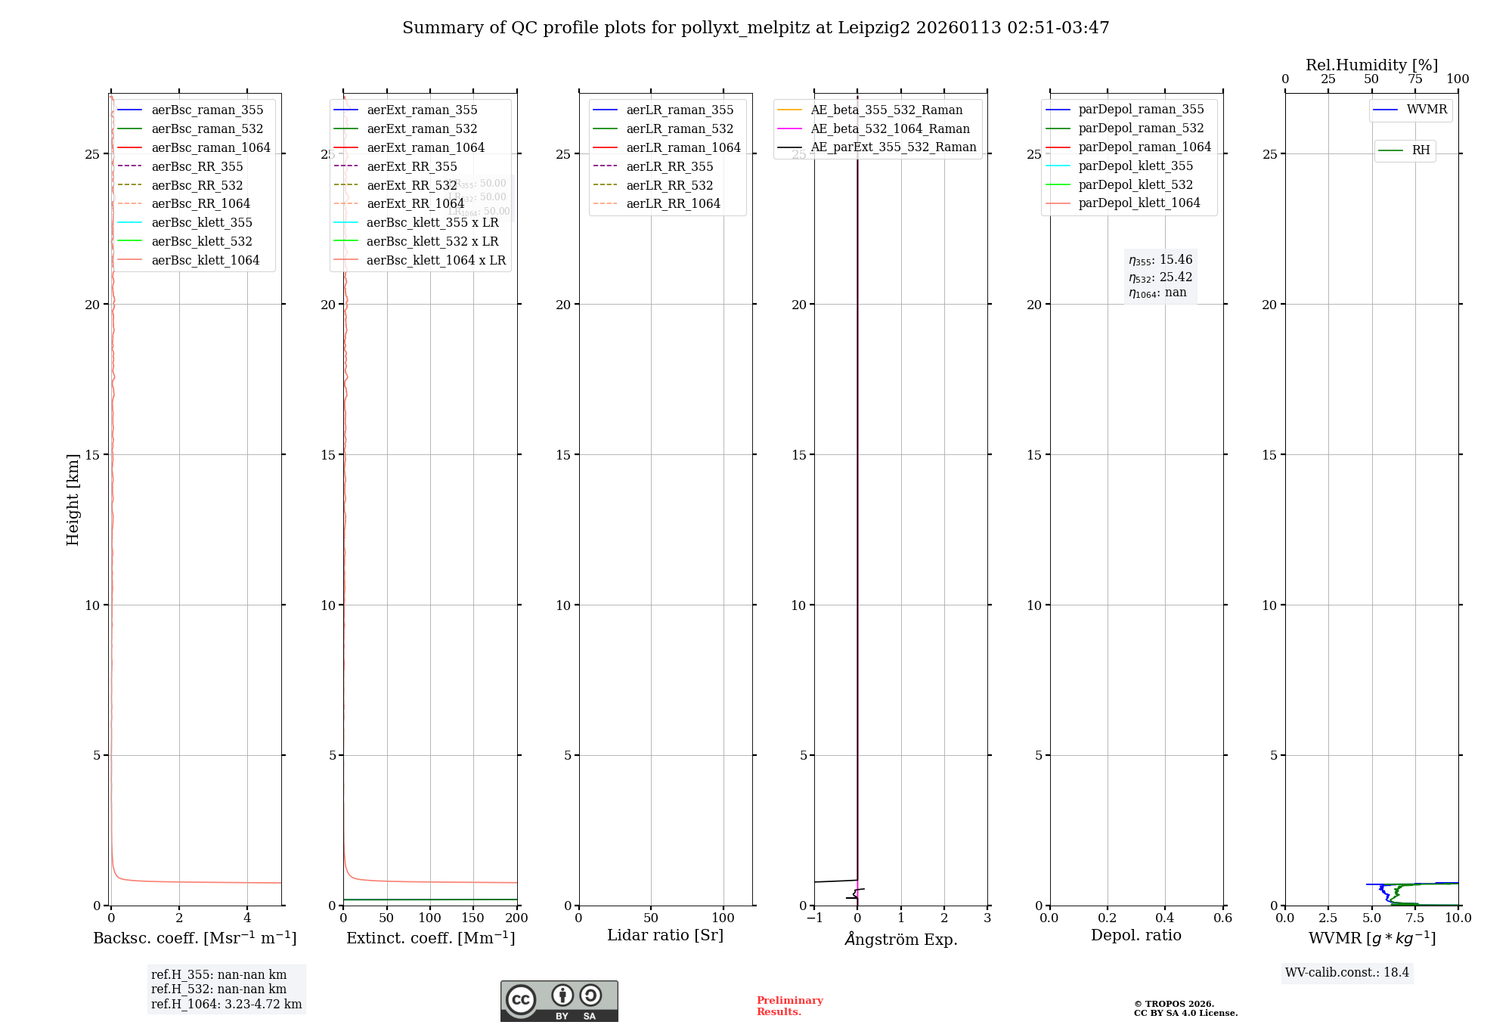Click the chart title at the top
click(x=755, y=28)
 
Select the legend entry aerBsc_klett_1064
click(x=205, y=260)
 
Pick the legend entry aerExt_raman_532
click(x=422, y=128)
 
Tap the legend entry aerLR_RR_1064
click(x=673, y=203)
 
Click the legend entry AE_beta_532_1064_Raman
click(x=890, y=128)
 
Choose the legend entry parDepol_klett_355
click(x=1136, y=166)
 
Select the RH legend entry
click(x=1421, y=150)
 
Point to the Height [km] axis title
click(x=73, y=499)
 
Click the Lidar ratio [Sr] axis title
click(x=665, y=935)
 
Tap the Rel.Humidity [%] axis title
click(x=1371, y=65)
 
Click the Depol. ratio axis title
click(x=1136, y=935)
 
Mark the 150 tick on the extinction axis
click(x=473, y=918)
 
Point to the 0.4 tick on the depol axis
click(x=1165, y=918)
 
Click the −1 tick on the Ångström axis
click(x=814, y=918)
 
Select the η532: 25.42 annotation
click(x=1160, y=277)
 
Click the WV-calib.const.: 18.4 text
click(x=1347, y=972)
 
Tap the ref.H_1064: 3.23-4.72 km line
click(x=226, y=1004)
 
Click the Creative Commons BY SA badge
click(x=559, y=1001)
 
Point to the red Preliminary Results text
click(x=789, y=1005)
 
